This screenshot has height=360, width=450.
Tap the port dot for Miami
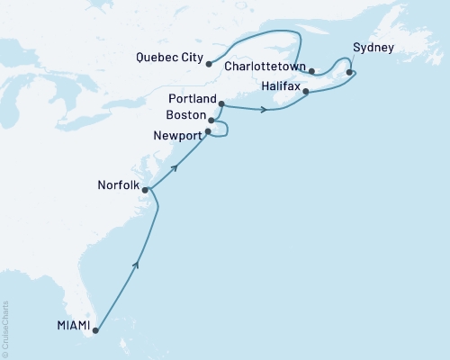[94, 330]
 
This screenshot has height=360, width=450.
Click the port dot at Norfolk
[145, 190]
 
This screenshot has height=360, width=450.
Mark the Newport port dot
[208, 132]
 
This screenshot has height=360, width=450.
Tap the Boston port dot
[211, 120]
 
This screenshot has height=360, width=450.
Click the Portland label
[192, 98]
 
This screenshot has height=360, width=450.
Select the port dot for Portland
[221, 104]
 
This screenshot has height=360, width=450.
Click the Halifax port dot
[306, 92]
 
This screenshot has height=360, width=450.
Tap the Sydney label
[372, 46]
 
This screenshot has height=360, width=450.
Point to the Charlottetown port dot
[311, 71]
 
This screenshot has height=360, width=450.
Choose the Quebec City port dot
[208, 64]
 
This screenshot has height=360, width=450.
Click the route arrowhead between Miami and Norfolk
[137, 265]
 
